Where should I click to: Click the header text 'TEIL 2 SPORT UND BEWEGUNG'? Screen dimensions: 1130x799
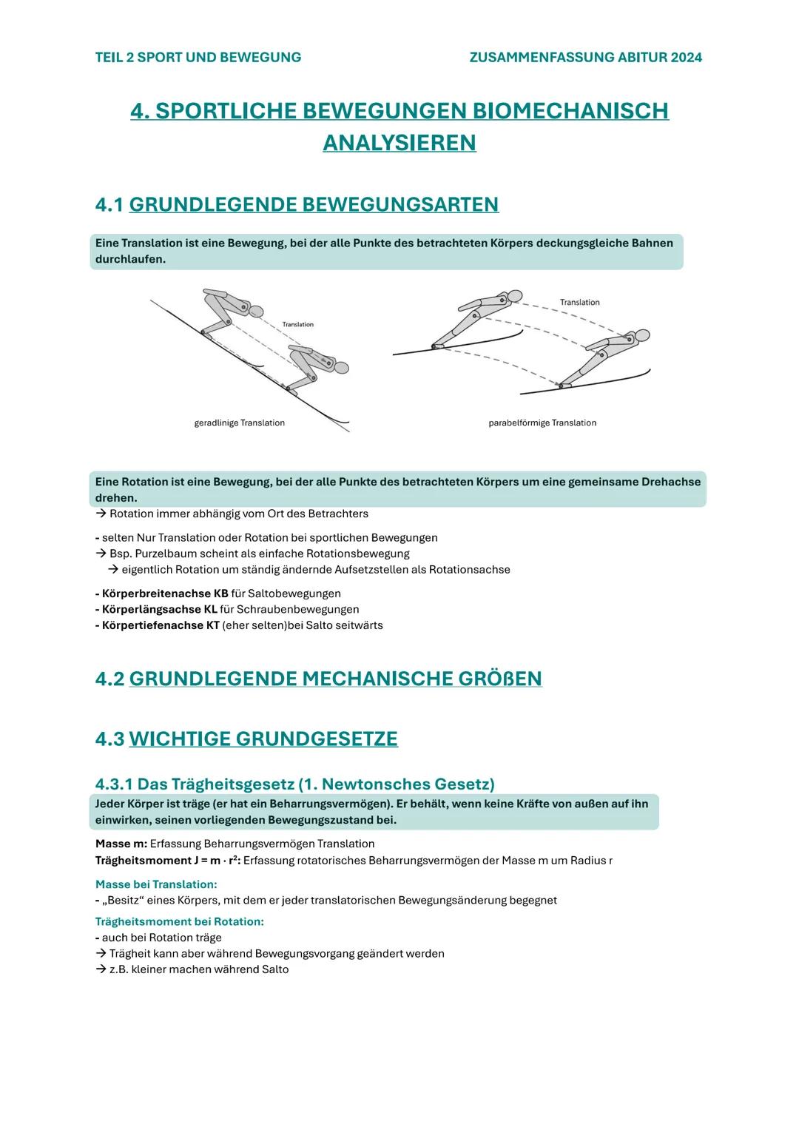point(198,57)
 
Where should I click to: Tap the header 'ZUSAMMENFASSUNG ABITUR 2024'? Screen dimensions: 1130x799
point(585,57)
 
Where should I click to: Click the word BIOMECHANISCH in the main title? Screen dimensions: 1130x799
point(570,110)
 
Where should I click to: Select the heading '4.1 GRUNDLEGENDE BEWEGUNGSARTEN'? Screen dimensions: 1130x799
point(297,204)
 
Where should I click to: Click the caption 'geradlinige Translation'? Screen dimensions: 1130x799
point(239,423)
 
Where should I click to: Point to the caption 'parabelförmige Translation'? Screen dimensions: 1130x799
point(542,423)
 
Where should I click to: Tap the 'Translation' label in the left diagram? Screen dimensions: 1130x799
point(297,324)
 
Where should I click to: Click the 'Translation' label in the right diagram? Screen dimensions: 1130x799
point(579,302)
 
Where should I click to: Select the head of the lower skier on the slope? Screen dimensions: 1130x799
point(340,367)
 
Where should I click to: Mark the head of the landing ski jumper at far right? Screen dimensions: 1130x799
point(642,335)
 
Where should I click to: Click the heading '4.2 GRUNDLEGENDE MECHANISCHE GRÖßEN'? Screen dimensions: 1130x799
point(319,679)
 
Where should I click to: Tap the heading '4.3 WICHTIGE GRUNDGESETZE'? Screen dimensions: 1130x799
point(246,739)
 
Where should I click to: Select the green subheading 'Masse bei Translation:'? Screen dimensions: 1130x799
point(156,884)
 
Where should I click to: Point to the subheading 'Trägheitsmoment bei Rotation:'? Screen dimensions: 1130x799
point(180,921)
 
